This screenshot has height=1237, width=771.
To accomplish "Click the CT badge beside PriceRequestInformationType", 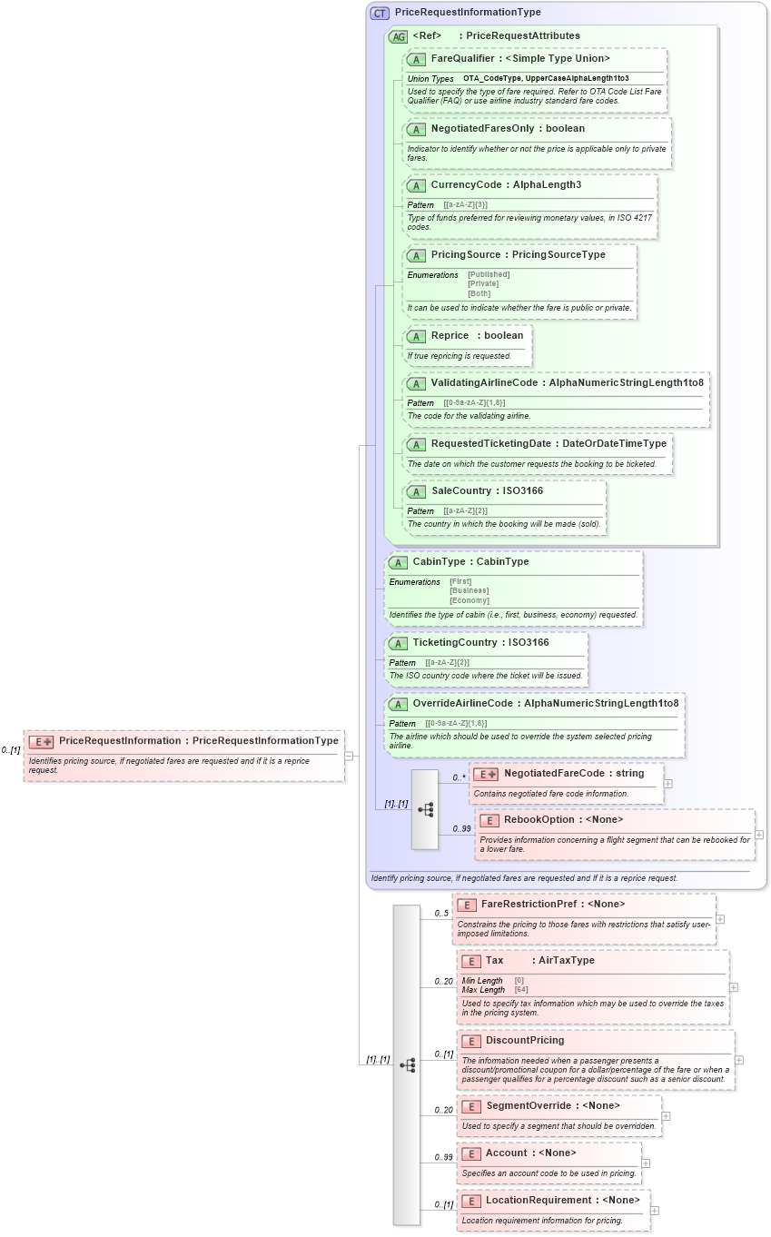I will [380, 13].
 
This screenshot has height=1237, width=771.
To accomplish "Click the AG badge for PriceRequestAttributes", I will [398, 36].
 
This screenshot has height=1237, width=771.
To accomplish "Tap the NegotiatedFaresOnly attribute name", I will [481, 129].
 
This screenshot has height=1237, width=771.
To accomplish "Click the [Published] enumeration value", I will [489, 274].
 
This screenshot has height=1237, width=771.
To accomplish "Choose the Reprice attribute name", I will [450, 335].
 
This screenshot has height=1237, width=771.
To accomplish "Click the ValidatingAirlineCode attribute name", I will [484, 382].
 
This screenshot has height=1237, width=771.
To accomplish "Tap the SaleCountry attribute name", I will [461, 490].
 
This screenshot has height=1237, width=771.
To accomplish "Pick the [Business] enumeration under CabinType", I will [469, 590].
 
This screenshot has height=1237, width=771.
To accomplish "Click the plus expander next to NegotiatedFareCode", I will [668, 783].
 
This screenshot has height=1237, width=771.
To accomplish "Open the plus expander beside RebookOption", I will [759, 835].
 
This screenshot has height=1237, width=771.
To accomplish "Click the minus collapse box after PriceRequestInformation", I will [349, 755].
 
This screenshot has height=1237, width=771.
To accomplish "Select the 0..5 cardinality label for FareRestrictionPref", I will [441, 913].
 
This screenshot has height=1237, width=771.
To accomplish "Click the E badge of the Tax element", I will [470, 961].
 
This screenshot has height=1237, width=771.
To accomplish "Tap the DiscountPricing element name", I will [524, 1040].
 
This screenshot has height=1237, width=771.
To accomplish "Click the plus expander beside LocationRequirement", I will [655, 1211].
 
